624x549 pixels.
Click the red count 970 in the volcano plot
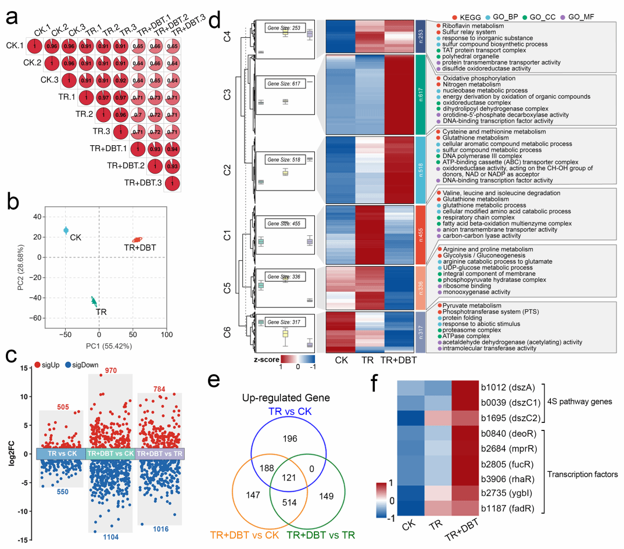click(x=110, y=371)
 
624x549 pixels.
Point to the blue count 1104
click(x=110, y=537)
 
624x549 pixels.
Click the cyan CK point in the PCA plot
click(x=66, y=231)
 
